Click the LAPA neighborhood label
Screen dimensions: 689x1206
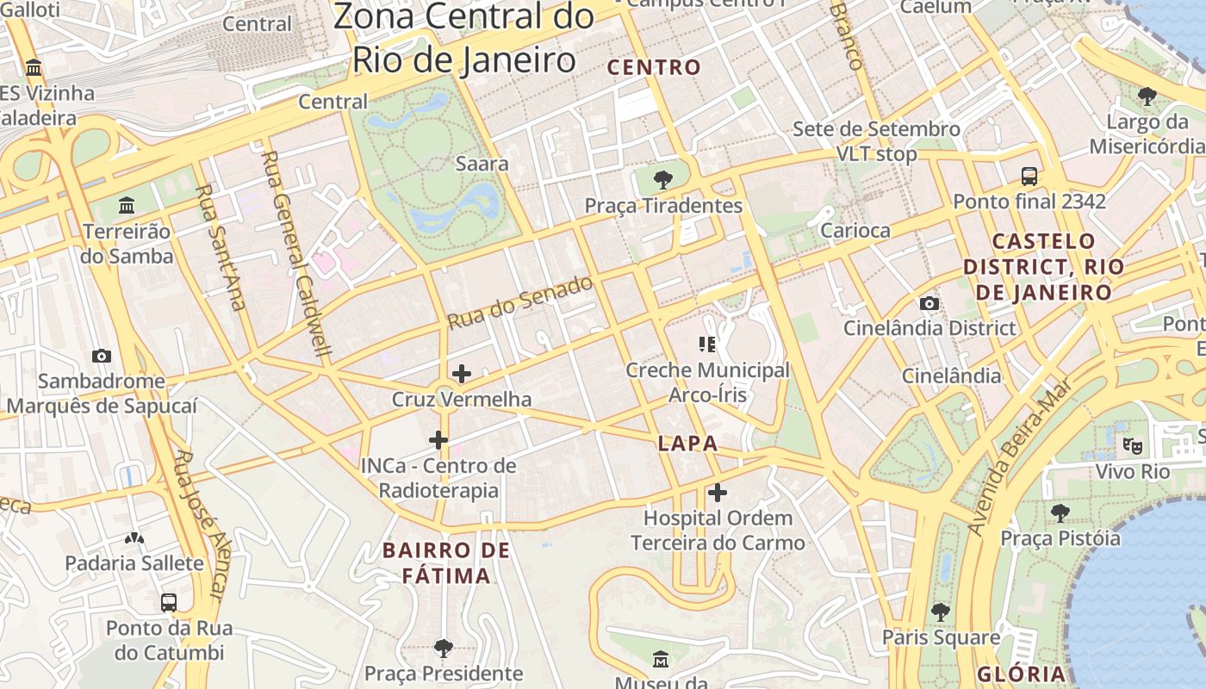point(687,444)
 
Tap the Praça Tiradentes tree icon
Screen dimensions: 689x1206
point(662,180)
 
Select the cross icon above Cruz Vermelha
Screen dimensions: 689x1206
point(462,374)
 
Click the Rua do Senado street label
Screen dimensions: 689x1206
point(520,302)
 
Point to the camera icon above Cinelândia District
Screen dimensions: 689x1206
point(929,303)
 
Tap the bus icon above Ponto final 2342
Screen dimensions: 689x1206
point(1029,177)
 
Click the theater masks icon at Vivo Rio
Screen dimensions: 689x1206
point(1132,446)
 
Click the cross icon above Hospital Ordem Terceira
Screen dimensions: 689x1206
point(717,493)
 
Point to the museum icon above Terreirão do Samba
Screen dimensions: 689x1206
point(127,205)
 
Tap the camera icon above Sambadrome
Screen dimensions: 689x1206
point(101,356)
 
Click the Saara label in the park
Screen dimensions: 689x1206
point(482,164)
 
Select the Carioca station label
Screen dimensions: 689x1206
point(855,230)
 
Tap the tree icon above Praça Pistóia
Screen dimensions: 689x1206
point(1060,513)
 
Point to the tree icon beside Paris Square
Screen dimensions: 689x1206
point(941,612)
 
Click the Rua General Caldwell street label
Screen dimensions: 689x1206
point(296,254)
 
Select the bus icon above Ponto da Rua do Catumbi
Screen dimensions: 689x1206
point(169,602)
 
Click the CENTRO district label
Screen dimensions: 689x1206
point(655,67)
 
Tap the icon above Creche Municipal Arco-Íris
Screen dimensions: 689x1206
point(707,345)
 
